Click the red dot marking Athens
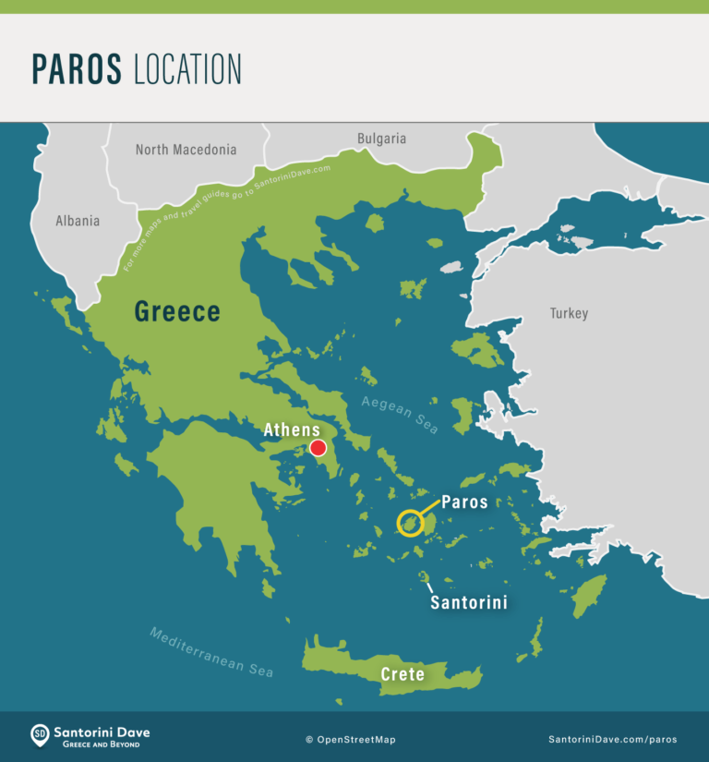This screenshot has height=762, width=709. point(318,448)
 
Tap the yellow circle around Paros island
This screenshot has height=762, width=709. point(410,524)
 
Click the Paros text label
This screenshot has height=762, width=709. point(464,502)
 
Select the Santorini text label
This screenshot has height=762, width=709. point(469,602)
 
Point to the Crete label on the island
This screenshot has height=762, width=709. point(403,674)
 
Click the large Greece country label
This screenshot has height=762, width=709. point(177,311)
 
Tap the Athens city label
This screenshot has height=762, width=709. point(292,429)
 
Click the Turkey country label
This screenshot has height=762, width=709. point(569,313)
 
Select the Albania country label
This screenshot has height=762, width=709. point(78,221)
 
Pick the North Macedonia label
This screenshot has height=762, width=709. point(186,149)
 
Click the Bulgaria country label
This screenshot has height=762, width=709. point(381,139)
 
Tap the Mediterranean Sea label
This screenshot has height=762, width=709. point(211,652)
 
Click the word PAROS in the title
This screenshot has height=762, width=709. point(78,69)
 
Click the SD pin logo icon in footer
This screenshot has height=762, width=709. point(40,736)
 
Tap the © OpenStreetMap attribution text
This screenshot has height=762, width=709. point(351,739)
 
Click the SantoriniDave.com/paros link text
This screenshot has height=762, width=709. point(612,739)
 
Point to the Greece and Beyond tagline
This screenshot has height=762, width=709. point(96,744)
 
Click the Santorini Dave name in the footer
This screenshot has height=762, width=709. point(102,732)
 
